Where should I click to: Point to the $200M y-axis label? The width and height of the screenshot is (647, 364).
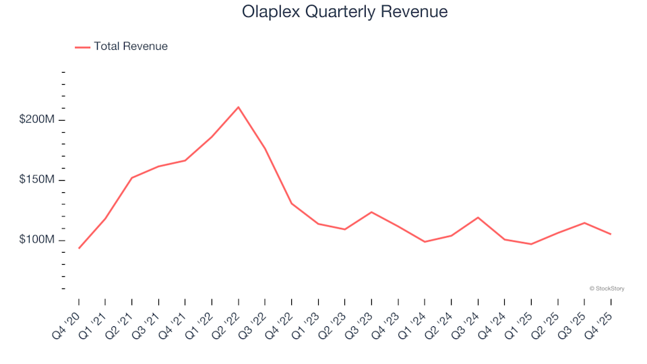(37, 120)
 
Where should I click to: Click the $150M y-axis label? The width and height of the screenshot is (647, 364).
(37, 180)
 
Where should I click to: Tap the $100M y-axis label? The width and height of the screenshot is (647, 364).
(37, 240)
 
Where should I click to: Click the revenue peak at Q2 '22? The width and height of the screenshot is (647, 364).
(239, 107)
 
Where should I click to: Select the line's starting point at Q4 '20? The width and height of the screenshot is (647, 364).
(79, 248)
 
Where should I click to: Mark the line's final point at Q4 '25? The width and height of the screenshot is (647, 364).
(611, 234)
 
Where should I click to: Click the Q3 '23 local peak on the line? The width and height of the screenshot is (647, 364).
(371, 212)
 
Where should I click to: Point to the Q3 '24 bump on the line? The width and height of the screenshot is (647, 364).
(478, 217)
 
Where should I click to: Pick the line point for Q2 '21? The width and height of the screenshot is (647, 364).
(132, 178)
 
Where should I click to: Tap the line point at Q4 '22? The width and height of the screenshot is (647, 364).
(291, 203)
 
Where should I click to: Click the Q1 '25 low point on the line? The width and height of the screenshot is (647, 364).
(531, 244)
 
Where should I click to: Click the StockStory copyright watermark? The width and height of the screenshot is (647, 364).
(607, 289)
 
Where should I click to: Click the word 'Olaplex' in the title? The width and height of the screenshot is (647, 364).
(268, 12)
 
